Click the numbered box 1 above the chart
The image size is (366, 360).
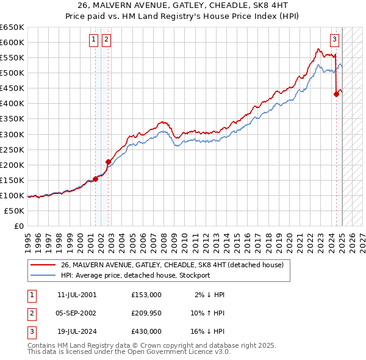point(94,40)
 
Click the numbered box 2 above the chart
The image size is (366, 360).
point(106,40)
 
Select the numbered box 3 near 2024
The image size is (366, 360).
point(335,40)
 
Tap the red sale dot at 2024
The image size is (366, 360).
point(336,94)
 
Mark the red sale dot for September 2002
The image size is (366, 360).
point(108,162)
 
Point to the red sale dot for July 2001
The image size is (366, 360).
point(96,179)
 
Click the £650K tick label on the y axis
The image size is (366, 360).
point(12,27)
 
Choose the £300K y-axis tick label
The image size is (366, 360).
point(12,134)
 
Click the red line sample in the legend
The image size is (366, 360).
point(43,265)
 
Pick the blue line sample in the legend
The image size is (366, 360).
point(43,275)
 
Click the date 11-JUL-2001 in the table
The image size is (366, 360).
point(77,295)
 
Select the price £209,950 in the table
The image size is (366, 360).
point(146,313)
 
